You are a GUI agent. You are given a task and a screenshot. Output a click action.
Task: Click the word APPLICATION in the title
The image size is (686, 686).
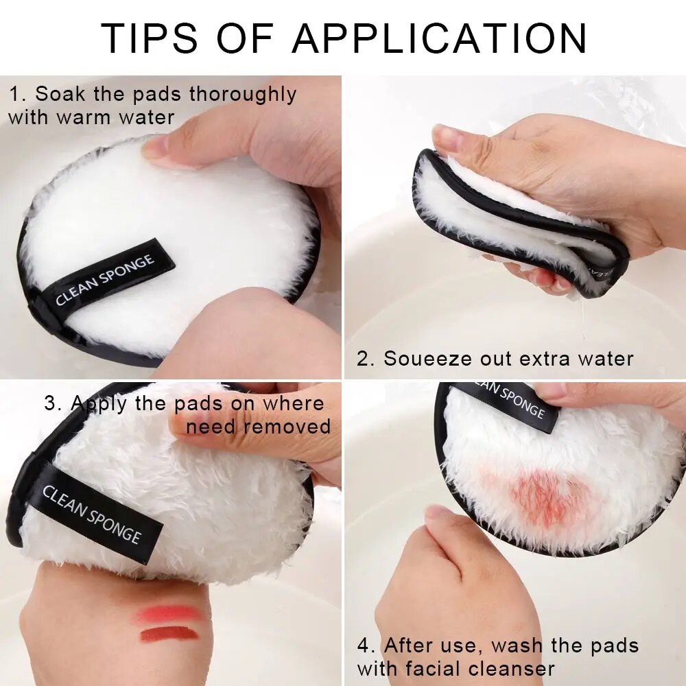click(x=439, y=38)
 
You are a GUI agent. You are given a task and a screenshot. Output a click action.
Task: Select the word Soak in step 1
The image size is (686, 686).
click(x=58, y=94)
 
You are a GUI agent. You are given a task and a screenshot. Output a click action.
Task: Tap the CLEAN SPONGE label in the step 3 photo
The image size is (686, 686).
click(x=92, y=514)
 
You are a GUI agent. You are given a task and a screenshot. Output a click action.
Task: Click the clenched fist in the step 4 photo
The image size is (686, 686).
click(x=453, y=576)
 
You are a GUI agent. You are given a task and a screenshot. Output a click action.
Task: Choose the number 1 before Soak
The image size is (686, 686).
click(x=14, y=94)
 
